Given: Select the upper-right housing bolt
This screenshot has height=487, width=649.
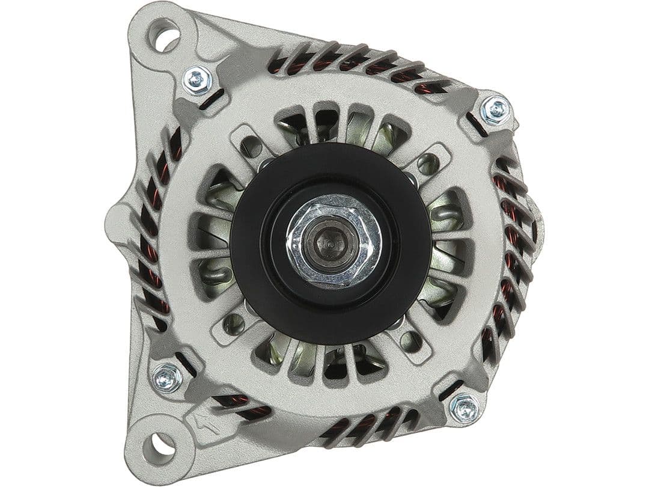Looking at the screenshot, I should [496, 109].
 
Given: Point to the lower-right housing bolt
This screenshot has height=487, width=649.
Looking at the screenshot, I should [465, 408].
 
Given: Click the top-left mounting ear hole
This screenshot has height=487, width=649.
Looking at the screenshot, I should [164, 35].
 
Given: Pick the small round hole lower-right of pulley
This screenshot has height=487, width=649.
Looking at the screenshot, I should [410, 342].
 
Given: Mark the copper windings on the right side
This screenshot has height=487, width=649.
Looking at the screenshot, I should [511, 228].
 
